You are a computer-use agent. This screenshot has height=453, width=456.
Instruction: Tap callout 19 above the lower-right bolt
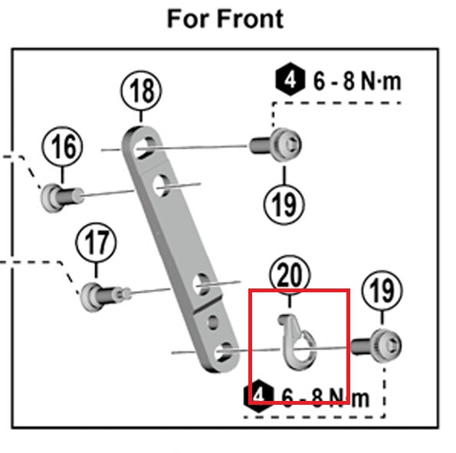381,290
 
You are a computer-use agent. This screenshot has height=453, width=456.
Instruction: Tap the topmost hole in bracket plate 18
143,146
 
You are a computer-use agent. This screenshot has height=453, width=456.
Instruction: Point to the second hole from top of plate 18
162,184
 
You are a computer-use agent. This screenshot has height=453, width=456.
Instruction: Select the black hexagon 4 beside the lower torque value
260,395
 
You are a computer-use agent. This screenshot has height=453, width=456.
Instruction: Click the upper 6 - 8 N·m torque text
356,81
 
